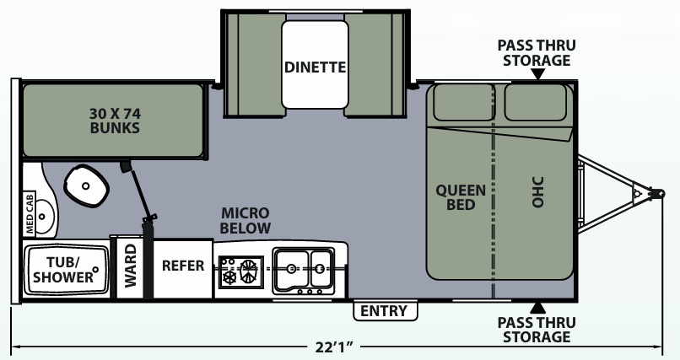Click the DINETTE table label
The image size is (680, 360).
315,67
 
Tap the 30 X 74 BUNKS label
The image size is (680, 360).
114,121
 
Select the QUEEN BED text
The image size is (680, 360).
461,197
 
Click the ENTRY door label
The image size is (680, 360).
384,311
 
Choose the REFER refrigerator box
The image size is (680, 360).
182,266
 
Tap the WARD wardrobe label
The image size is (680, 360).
131,266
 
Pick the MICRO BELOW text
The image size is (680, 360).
246,220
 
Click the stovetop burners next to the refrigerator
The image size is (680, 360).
239,271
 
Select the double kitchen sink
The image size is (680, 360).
304,267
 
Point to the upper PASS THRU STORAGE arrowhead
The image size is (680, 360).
537,75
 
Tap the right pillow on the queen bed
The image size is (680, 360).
535,102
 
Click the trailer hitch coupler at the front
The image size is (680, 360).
654,192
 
